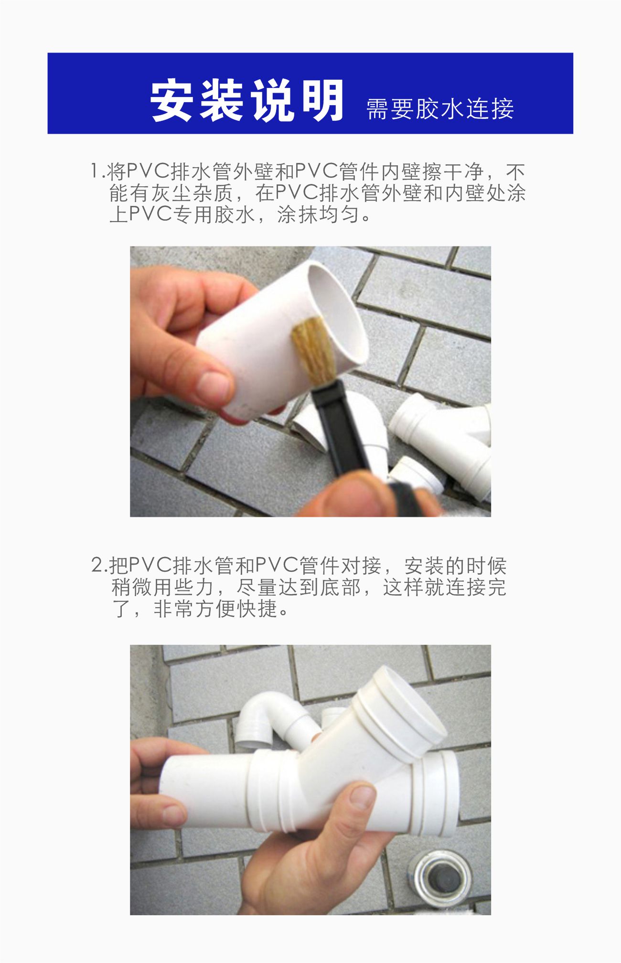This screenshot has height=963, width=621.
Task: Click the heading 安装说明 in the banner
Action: [x=247, y=101]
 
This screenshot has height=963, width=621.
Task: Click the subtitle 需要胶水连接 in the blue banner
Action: [x=439, y=109]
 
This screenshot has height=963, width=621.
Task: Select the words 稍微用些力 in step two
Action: [x=162, y=587]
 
